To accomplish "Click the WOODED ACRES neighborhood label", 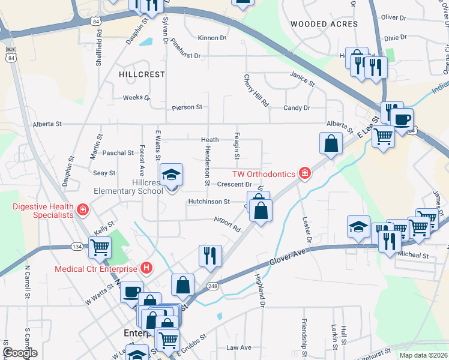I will click(x=324, y=24).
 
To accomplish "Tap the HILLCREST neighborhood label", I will click(x=142, y=74).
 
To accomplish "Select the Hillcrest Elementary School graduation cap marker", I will click(x=172, y=175).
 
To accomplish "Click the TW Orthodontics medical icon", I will click(x=306, y=174).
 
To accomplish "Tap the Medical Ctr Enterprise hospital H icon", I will click(x=145, y=268).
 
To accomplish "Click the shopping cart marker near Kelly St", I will click(x=100, y=247).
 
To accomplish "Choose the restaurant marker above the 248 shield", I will click(x=211, y=256).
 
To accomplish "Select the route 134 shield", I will click(x=77, y=246).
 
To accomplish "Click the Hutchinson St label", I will click(x=209, y=202).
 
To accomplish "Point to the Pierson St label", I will click(x=187, y=107).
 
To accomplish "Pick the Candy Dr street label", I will click(x=297, y=108).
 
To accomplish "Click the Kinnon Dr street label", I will click(x=212, y=38).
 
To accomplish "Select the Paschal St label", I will click(x=118, y=153).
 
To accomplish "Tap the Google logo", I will click(x=20, y=352).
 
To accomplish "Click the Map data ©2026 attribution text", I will click(x=423, y=355).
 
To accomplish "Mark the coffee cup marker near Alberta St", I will click(x=403, y=118).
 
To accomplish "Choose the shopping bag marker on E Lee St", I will click(x=331, y=143).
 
